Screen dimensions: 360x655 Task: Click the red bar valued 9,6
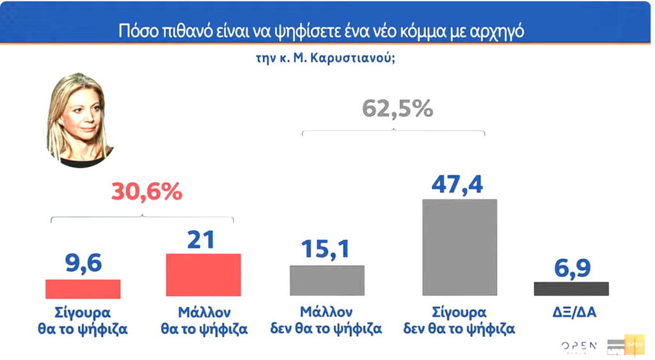tap(83, 289)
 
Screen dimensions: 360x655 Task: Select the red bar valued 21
tap(203, 275)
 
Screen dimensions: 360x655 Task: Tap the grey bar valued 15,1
tap(327, 280)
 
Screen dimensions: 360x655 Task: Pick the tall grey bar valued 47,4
tap(459, 247)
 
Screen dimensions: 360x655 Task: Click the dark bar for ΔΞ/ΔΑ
tap(571, 288)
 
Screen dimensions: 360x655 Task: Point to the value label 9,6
tap(83, 263)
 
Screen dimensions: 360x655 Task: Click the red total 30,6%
tap(146, 192)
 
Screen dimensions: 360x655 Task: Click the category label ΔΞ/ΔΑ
tap(571, 313)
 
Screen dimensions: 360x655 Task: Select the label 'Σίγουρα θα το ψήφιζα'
tap(83, 321)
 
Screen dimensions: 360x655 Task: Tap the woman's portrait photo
tap(81, 120)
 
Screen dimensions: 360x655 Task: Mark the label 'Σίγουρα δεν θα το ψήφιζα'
tap(459, 321)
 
